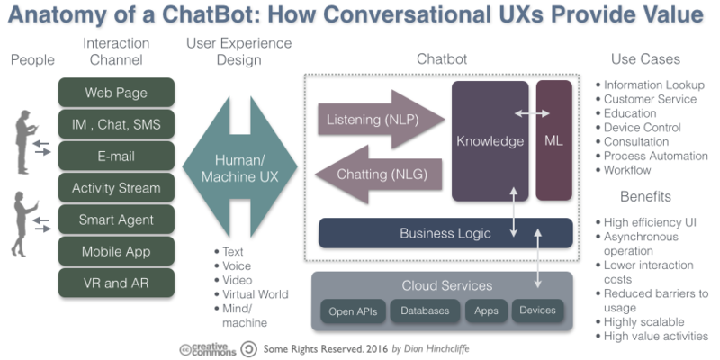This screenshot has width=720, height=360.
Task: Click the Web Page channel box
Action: tap(116, 94)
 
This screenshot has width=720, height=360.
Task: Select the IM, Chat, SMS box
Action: tap(116, 125)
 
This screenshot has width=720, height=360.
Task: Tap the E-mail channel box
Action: tap(116, 157)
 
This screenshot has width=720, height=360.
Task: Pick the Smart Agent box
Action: tap(116, 220)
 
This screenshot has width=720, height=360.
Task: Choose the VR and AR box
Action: tap(116, 283)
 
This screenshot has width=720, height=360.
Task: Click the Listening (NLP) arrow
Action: tap(378, 120)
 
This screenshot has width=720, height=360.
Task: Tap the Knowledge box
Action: tap(490, 141)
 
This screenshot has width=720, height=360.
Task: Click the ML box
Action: tap(553, 141)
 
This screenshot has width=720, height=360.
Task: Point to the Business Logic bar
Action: tap(445, 233)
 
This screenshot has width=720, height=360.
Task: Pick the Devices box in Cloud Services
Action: tap(538, 311)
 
